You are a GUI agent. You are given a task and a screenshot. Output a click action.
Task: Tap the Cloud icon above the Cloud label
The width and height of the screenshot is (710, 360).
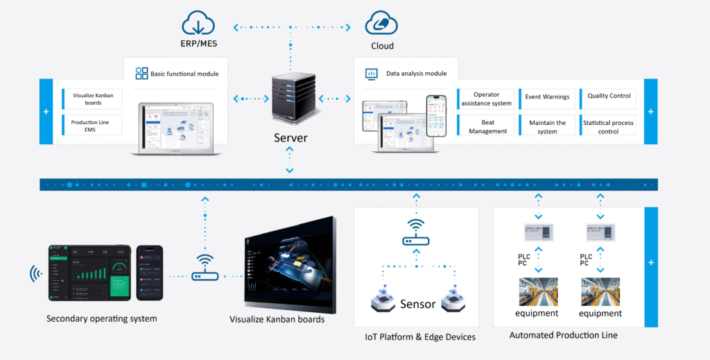tap(381, 23)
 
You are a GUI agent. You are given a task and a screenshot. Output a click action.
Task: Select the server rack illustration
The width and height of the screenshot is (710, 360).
tap(290, 99)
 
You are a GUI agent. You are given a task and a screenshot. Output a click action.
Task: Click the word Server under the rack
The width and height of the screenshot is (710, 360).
tap(289, 138)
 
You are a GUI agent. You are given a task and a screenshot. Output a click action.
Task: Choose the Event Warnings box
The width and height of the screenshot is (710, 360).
tap(548, 98)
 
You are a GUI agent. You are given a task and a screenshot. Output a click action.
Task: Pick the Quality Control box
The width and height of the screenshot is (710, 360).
tap(609, 96)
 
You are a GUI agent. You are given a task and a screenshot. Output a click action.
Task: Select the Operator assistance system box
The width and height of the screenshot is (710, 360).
tap(486, 98)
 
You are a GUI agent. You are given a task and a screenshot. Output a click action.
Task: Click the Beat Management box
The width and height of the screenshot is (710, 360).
tap(487, 126)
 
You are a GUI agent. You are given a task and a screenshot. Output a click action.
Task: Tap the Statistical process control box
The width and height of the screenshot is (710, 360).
tap(609, 126)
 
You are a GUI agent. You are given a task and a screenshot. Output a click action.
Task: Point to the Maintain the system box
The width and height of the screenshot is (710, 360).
tap(548, 126)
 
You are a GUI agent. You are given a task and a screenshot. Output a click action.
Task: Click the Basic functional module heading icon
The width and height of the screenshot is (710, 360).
tap(141, 74)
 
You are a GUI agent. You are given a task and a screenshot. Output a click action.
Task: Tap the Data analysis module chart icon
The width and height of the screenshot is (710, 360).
tap(372, 73)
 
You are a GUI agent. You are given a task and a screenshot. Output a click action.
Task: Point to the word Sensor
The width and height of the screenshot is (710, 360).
tap(418, 304)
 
